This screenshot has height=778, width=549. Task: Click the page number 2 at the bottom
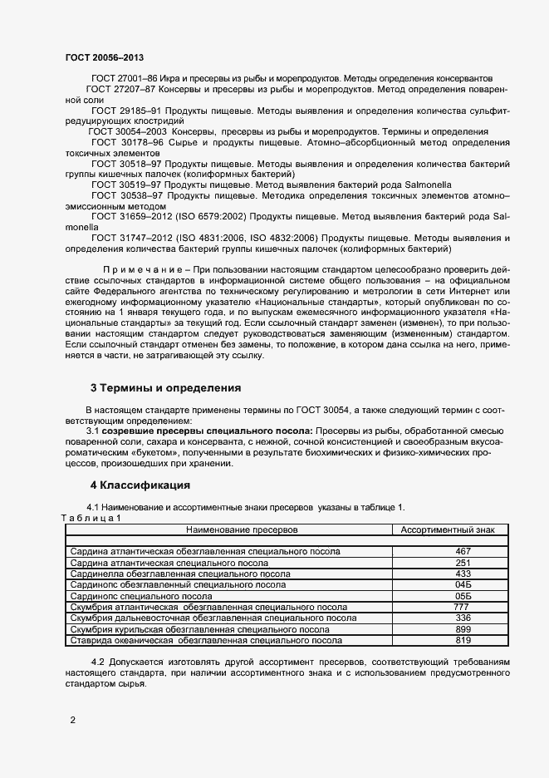point(72,720)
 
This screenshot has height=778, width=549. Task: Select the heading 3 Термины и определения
point(165,387)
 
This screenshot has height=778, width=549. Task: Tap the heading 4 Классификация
point(140,485)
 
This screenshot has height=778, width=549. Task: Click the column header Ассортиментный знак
point(448,529)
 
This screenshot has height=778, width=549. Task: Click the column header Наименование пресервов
point(242,529)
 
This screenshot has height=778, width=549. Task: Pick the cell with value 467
point(463,551)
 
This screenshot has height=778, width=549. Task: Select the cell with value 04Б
point(463,585)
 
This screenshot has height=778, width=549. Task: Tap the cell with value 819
point(463,640)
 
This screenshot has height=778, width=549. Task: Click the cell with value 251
point(463,563)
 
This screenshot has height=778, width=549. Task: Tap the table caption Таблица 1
point(91,518)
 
